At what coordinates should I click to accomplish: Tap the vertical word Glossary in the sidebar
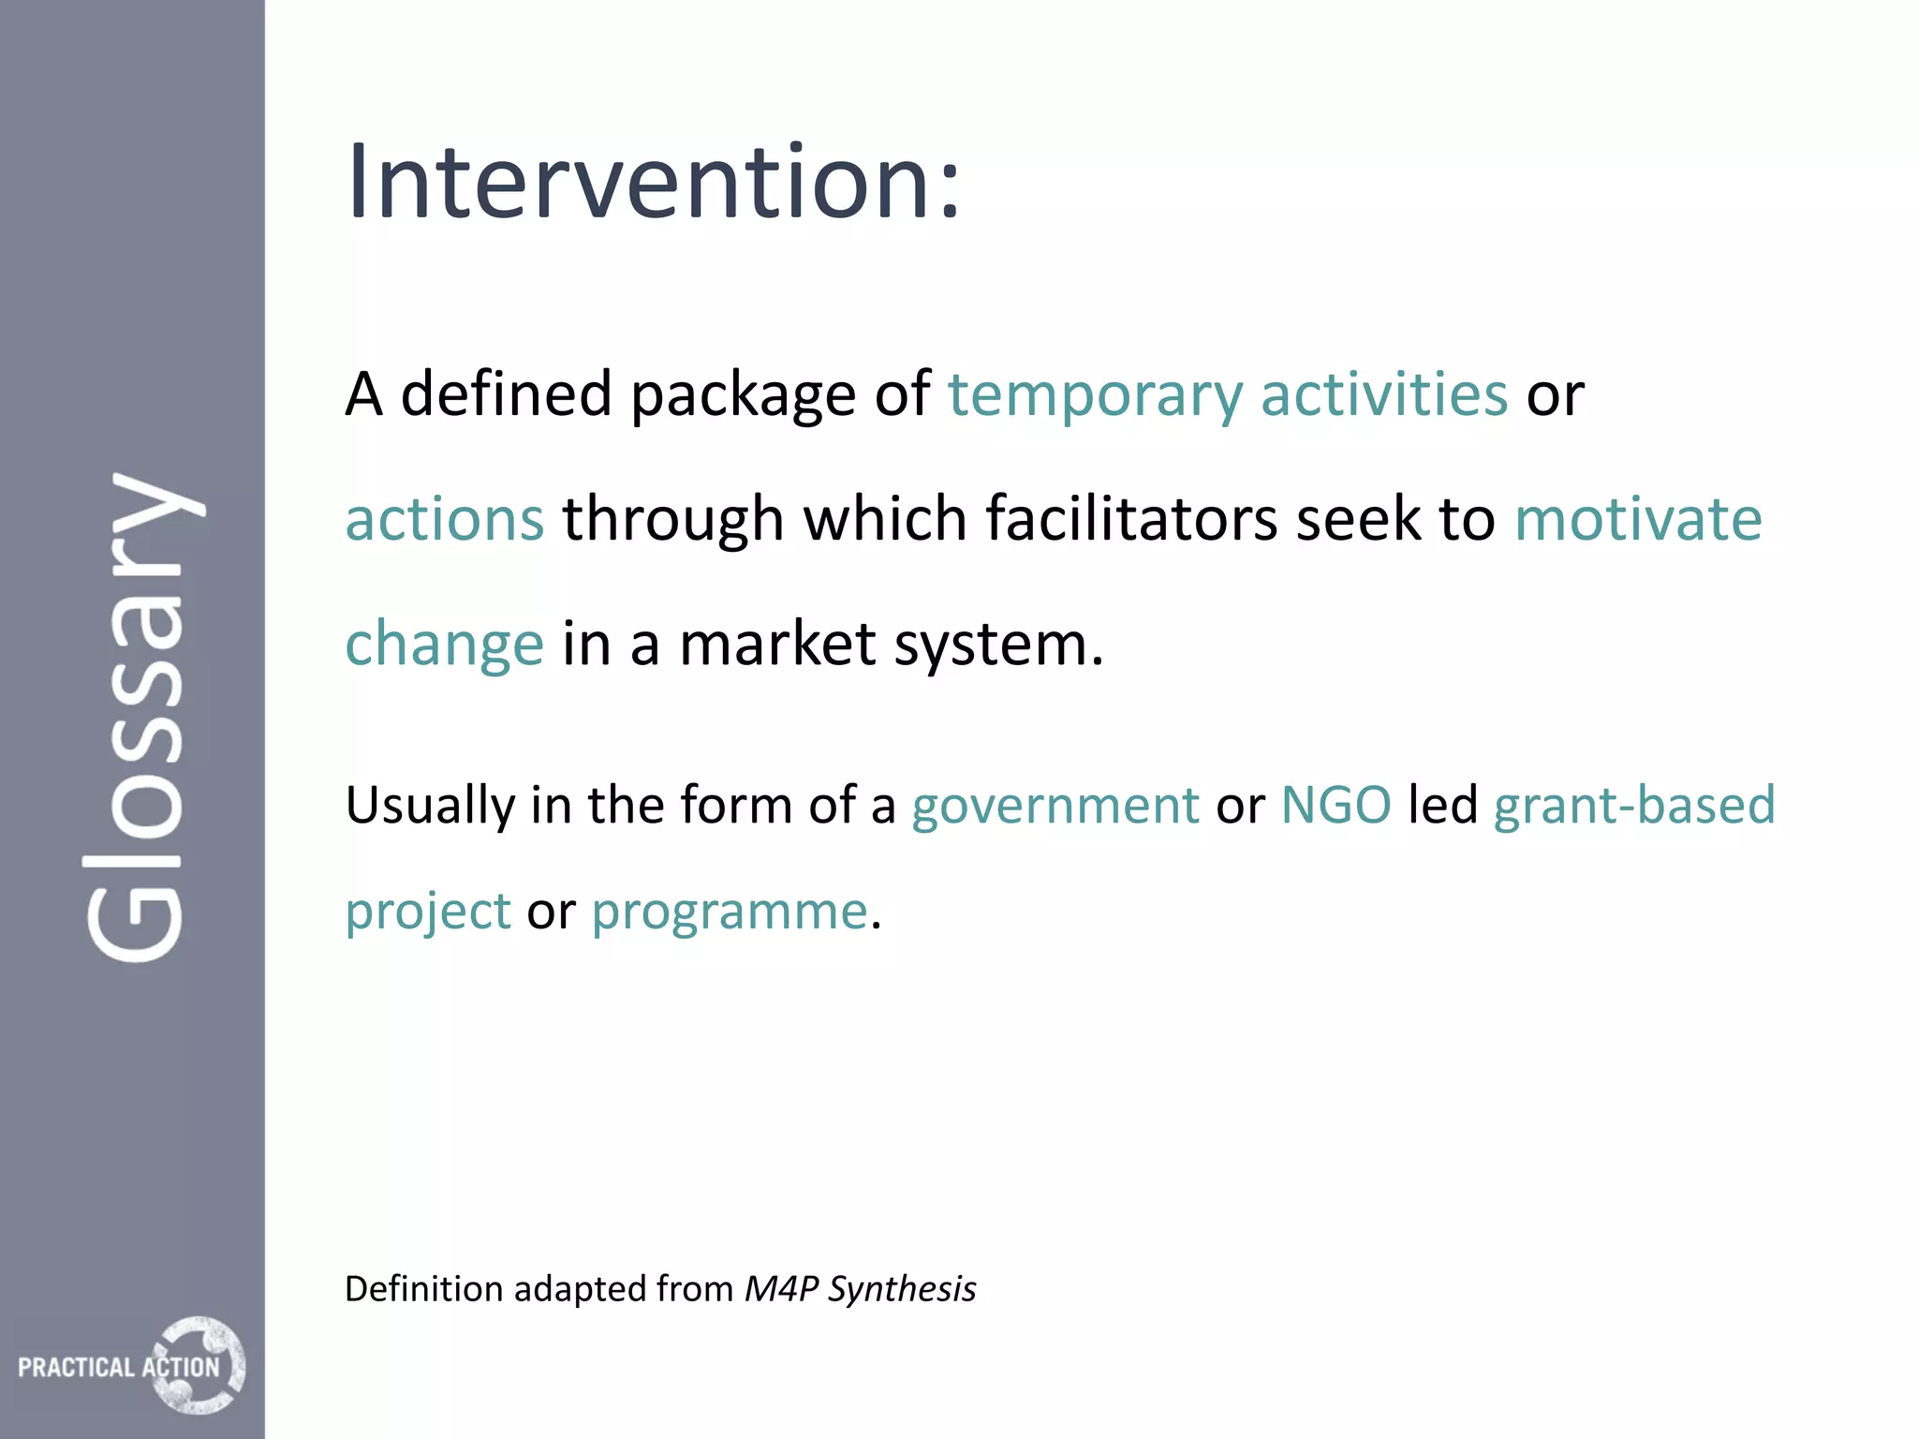pos(140,717)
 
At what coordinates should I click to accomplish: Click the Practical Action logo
pos(132,1366)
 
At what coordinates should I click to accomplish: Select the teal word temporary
pos(1095,394)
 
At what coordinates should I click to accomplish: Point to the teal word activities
pos(1383,394)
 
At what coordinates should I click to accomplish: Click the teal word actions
pos(444,519)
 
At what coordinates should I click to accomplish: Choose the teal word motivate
pos(1638,519)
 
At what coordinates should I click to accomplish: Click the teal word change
pos(444,645)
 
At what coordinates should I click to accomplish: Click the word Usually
pos(430,806)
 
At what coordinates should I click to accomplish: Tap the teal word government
pos(1055,806)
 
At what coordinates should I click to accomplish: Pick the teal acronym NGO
pos(1335,806)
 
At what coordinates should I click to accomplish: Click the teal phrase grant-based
pos(1634,806)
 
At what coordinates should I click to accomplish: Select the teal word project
pos(428,912)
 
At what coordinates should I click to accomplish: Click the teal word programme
pos(730,912)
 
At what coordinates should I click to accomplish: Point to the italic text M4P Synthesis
pos(860,1289)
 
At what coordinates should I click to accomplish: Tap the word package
pos(743,394)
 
